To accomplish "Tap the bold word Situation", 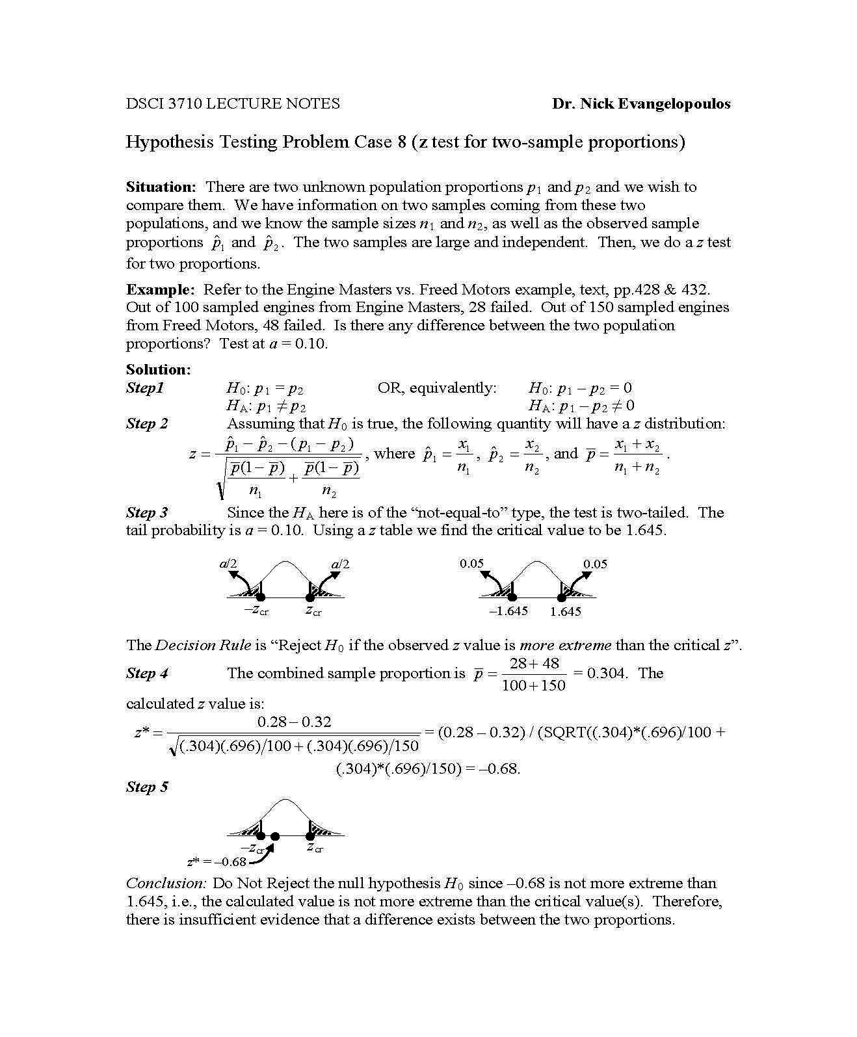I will pyautogui.click(x=161, y=187).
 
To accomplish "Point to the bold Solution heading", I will pyautogui.click(x=158, y=369).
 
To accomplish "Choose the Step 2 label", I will pyautogui.click(x=147, y=424).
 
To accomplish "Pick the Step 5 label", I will pyautogui.click(x=147, y=787).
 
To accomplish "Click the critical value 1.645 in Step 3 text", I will pyautogui.click(x=644, y=530).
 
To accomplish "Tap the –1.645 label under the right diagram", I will pyautogui.click(x=508, y=611).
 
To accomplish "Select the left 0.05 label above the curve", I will pyautogui.click(x=471, y=564).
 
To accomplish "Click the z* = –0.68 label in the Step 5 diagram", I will pyautogui.click(x=217, y=862).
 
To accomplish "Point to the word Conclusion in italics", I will pyautogui.click(x=166, y=883).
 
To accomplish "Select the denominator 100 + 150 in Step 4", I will pyautogui.click(x=534, y=685).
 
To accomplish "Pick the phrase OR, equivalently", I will pyautogui.click(x=437, y=388).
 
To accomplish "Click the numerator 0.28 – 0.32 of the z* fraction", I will pyautogui.click(x=295, y=722).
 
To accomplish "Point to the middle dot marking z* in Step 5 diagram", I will pyautogui.click(x=275, y=836).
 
